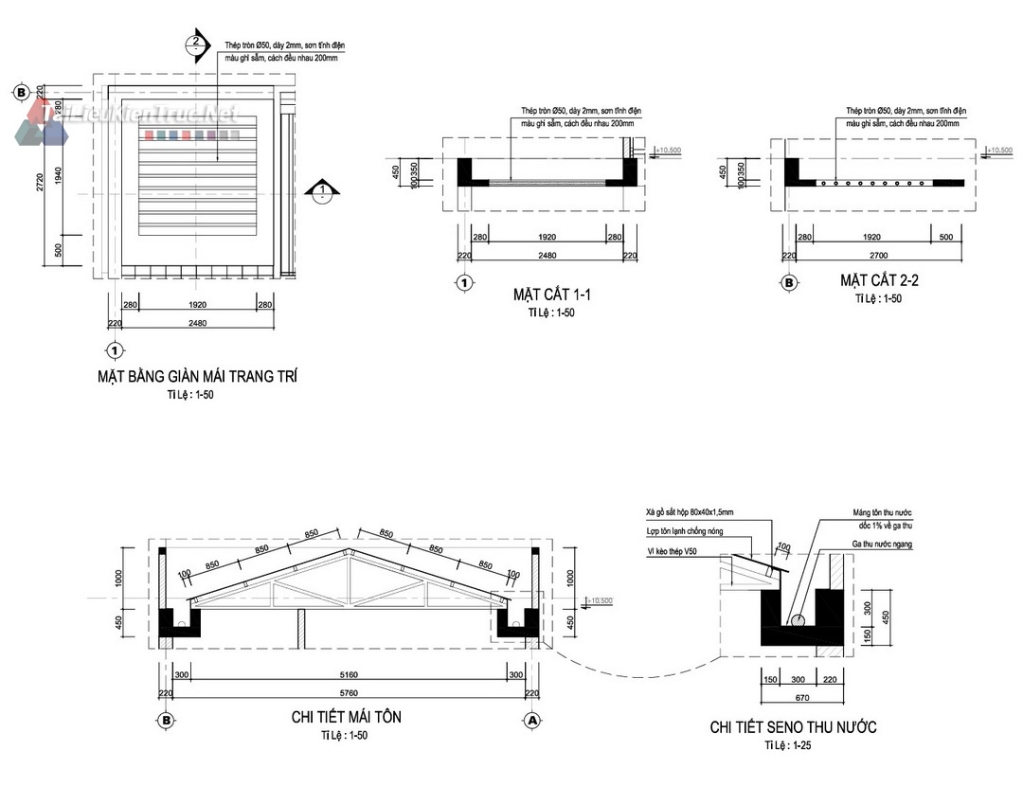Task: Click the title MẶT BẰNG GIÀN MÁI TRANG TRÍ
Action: (x=197, y=376)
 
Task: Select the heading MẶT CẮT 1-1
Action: (x=538, y=295)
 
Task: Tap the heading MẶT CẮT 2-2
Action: (x=878, y=280)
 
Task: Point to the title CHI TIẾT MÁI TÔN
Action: (x=346, y=717)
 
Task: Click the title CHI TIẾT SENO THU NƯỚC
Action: (x=793, y=727)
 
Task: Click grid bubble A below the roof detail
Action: (x=531, y=721)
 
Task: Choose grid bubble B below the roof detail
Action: (x=166, y=721)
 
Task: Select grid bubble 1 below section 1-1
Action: (x=464, y=281)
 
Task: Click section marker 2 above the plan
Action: (x=196, y=41)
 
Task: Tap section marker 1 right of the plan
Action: (x=323, y=190)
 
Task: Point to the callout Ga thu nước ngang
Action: (x=881, y=545)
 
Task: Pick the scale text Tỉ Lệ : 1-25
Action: (x=788, y=746)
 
